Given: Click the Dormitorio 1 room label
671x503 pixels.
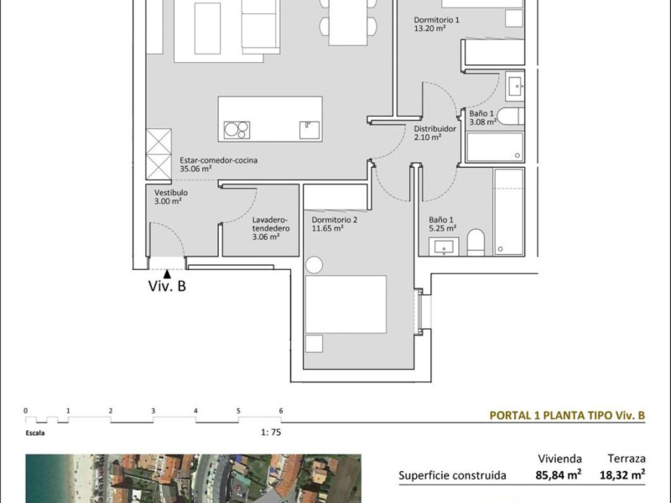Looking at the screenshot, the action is [436, 19].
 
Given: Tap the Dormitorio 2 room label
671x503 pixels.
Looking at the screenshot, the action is [334, 220].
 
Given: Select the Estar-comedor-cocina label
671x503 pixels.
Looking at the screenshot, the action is [218, 160].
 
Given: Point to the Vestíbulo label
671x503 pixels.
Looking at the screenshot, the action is [171, 193].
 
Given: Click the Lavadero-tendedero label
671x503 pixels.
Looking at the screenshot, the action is [270, 224].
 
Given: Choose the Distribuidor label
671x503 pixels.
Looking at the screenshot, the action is [434, 129].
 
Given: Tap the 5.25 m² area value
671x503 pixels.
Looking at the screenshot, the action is [443, 228].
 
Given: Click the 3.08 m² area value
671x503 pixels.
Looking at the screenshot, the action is [483, 122].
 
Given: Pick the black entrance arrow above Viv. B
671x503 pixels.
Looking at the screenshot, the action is [167, 274].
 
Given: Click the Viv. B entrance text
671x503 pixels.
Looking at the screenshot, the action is [167, 286].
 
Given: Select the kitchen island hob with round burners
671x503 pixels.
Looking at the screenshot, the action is [237, 130].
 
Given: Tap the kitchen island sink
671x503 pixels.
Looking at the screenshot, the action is [309, 130].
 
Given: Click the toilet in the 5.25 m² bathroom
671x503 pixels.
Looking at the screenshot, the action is [476, 242].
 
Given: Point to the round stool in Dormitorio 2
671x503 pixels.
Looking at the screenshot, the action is [314, 265].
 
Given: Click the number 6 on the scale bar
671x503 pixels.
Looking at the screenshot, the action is [281, 411].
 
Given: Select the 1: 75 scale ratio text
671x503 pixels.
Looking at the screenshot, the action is [271, 433].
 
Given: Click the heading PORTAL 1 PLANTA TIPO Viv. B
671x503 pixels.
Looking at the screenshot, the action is [567, 415].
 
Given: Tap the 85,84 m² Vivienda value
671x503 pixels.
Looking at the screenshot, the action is [559, 474].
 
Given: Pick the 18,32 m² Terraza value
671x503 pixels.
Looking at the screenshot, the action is [622, 474].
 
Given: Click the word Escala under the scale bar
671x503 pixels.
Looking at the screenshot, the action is [35, 433].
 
